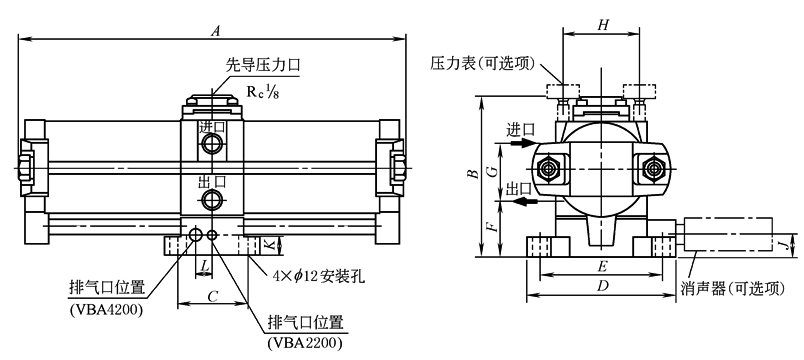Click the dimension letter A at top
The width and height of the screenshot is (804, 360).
point(216,31)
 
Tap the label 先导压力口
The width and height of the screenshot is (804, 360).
point(263,66)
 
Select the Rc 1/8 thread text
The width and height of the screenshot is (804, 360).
point(263,91)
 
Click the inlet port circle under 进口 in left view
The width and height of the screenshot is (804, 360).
point(211,144)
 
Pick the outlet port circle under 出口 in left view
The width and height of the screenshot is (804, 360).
point(211,199)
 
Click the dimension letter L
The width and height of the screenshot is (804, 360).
point(204,266)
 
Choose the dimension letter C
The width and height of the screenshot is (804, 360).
point(213,296)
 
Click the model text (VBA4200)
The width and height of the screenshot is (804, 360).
point(105,311)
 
